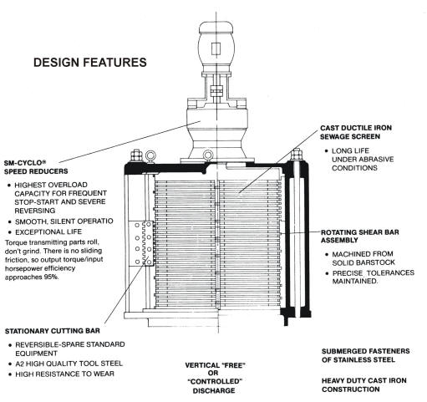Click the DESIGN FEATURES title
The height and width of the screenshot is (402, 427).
(x=90, y=63)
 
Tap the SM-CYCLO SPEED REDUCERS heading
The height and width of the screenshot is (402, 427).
(x=36, y=167)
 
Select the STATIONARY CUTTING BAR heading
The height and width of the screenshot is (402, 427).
(x=53, y=331)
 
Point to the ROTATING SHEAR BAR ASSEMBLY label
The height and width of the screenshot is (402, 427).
(x=359, y=237)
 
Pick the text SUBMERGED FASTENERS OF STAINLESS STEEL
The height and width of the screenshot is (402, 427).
(x=365, y=355)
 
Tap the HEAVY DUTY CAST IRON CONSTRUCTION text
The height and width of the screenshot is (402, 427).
(x=363, y=385)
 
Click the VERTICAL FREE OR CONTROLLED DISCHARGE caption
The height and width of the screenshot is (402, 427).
(x=215, y=378)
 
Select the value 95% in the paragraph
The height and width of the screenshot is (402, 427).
(x=51, y=277)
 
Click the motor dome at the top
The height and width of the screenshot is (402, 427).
(x=216, y=28)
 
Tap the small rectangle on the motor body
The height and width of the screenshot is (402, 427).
(x=216, y=49)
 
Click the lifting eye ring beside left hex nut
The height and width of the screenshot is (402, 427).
(x=150, y=156)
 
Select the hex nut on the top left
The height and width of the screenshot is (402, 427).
(x=136, y=155)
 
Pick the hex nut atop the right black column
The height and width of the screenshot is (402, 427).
(x=297, y=154)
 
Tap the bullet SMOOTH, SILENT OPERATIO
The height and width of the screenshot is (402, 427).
(x=61, y=221)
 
